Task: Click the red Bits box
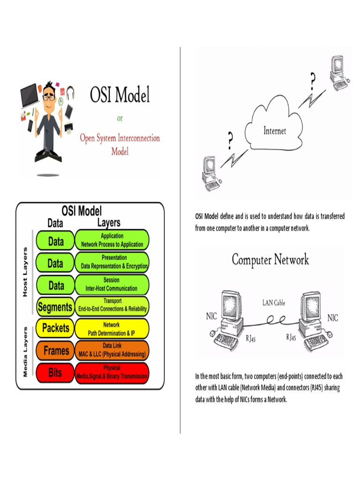[x=55, y=373]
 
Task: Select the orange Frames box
[x=56, y=351]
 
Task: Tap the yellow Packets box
[x=55, y=328]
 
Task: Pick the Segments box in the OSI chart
[x=55, y=307]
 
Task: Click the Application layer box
[x=112, y=240]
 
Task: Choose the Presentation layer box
[x=112, y=262]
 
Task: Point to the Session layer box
[x=112, y=285]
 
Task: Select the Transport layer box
[x=112, y=306]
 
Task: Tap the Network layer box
[x=112, y=329]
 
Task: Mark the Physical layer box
[x=112, y=373]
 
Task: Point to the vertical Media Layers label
[x=25, y=352]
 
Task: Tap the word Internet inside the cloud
[x=274, y=131]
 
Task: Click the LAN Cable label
[x=273, y=303]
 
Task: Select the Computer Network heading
[x=270, y=260]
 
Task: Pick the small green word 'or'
[x=120, y=118]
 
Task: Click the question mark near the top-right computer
[x=313, y=82]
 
